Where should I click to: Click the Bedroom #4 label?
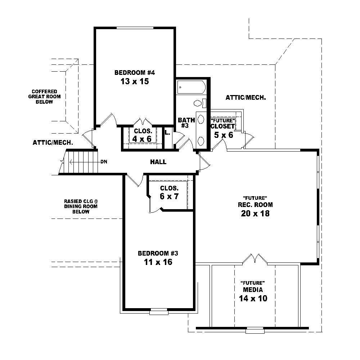coord(134,73)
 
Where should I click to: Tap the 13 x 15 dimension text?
coord(134,82)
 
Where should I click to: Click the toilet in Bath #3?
coord(198,103)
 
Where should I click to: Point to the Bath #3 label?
coord(186,123)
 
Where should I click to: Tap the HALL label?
coord(158,162)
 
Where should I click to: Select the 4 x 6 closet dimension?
coord(142,139)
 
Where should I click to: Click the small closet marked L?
coord(167,133)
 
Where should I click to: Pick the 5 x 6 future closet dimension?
coord(223,135)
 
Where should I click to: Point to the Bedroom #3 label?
coord(158,253)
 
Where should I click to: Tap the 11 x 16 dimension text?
coord(158,262)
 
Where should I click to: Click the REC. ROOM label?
coord(255,205)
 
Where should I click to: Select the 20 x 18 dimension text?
coord(255,213)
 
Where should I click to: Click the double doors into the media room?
coord(255,258)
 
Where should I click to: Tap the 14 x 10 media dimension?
coord(253,298)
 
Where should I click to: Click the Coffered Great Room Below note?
coord(44,96)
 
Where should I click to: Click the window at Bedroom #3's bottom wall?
coord(159,312)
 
